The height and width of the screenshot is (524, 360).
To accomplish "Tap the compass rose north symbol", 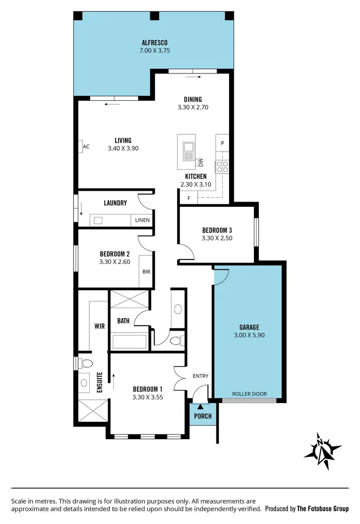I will click(x=322, y=450).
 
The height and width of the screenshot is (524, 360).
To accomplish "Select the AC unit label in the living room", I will click(x=86, y=147).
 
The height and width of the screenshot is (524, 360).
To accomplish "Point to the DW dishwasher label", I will click(x=201, y=162).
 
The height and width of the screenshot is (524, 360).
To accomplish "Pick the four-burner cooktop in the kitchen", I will click(x=222, y=167).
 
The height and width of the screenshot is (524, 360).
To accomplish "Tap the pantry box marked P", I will click(x=222, y=143).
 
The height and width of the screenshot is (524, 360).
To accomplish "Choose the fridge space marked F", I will click(x=189, y=198).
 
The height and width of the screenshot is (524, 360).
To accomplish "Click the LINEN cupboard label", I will click(x=142, y=221).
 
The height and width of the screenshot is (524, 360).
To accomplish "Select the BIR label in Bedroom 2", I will click(x=146, y=272).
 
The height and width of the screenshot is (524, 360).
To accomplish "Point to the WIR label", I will click(x=100, y=326).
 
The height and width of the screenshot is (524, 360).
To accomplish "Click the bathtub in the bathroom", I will click(x=129, y=342).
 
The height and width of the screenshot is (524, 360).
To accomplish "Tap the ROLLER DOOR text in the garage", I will click(x=249, y=394).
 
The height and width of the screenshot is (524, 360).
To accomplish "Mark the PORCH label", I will click(x=203, y=416).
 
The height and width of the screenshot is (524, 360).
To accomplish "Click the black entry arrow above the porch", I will click(x=201, y=407).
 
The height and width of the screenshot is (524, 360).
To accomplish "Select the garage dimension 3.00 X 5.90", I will click(x=249, y=335).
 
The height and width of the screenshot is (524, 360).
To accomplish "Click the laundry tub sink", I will click(x=98, y=221).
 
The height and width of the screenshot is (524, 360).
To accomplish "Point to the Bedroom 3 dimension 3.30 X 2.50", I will click(x=217, y=238).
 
